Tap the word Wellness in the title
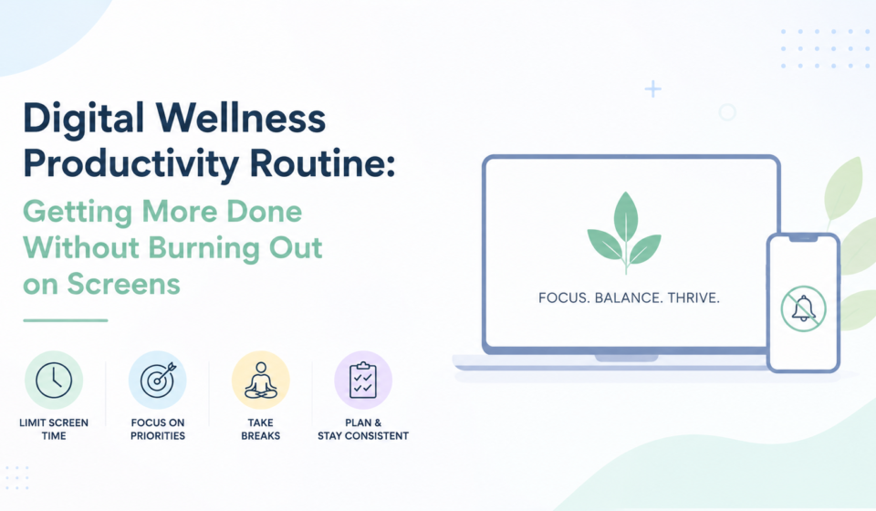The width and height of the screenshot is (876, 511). click(x=241, y=118)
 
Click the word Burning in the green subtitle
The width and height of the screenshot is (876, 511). click(x=204, y=248)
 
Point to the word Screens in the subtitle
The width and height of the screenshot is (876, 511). click(x=123, y=284)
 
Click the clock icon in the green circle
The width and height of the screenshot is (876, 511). click(x=54, y=380)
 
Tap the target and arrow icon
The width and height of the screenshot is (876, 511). click(x=158, y=380)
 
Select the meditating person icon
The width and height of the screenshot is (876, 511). click(x=261, y=380)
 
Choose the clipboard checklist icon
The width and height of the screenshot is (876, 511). click(x=363, y=380)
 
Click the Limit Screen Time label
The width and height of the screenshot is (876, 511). click(x=54, y=429)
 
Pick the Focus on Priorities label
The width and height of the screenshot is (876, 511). click(x=158, y=429)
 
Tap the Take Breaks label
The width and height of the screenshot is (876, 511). click(x=261, y=429)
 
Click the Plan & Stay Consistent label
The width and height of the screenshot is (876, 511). click(x=363, y=429)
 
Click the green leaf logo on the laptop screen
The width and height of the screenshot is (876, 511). click(x=624, y=233)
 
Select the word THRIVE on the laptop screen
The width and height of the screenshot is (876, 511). click(x=693, y=297)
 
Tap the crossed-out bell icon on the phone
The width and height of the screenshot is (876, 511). click(x=803, y=308)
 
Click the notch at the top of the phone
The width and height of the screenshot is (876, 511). click(x=803, y=238)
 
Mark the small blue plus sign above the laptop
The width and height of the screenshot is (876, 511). click(x=652, y=89)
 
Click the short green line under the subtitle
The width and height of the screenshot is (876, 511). click(x=66, y=320)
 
